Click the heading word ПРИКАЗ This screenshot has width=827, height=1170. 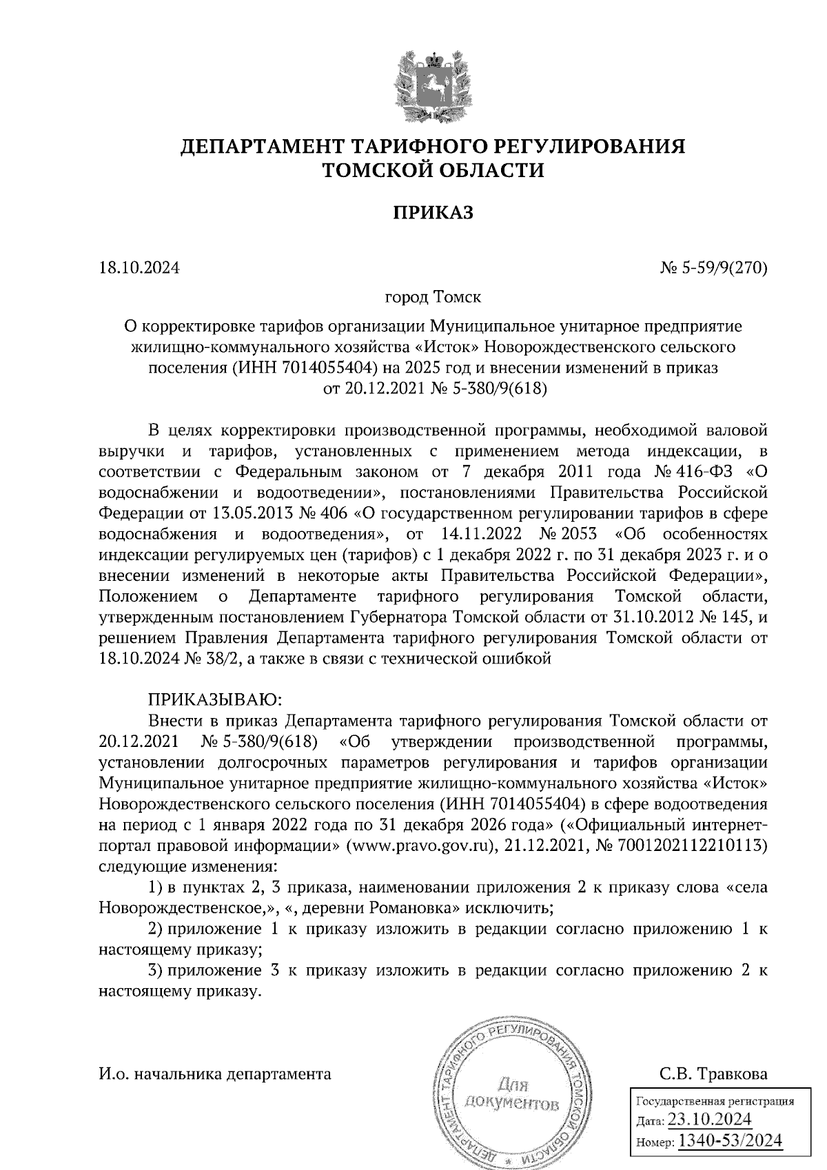click(433, 214)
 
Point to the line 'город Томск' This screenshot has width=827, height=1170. click(433, 298)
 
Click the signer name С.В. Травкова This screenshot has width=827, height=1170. click(713, 1074)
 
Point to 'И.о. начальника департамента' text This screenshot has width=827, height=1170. click(215, 1074)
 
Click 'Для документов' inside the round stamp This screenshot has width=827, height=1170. click(511, 1094)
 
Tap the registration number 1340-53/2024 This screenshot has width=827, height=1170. click(730, 1140)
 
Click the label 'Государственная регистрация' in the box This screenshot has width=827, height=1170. click(713, 1101)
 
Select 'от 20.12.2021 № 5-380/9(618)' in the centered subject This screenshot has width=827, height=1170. click(434, 390)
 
